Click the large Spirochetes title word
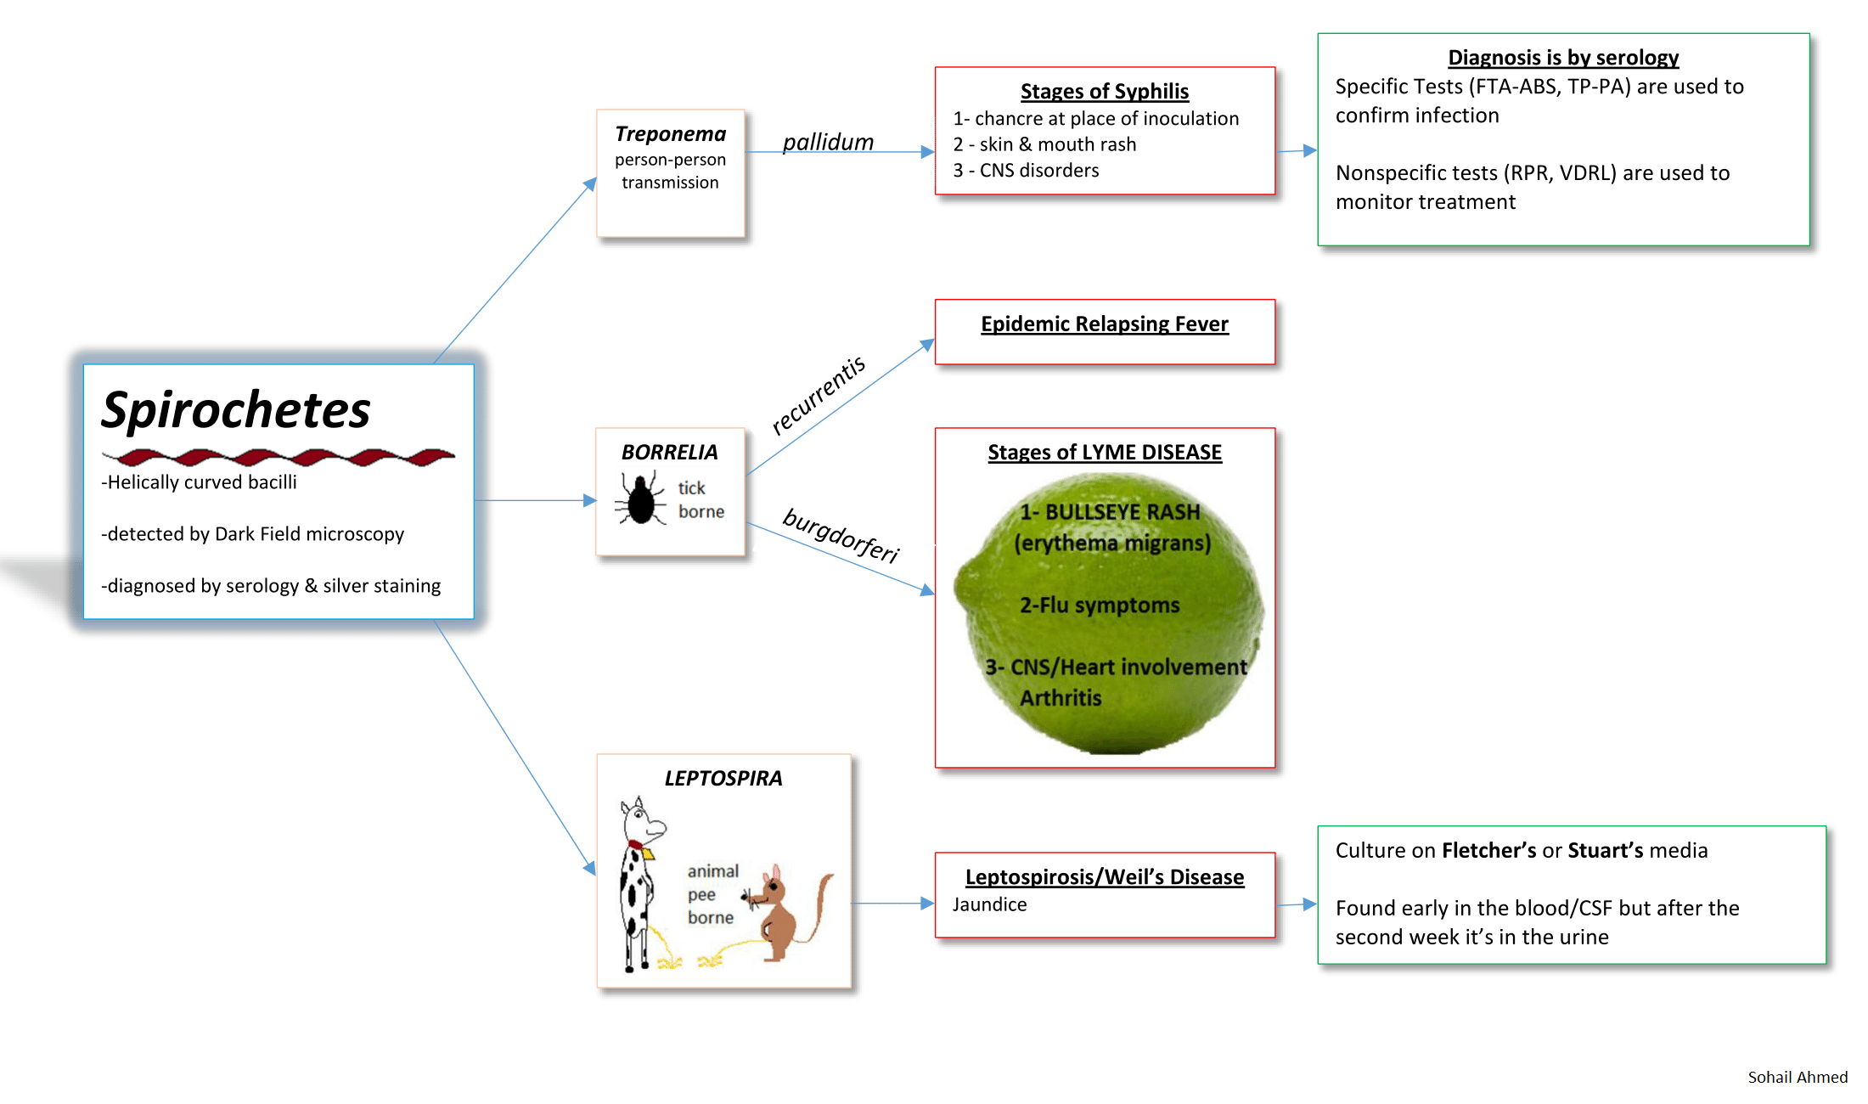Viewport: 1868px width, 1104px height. pyautogui.click(x=236, y=410)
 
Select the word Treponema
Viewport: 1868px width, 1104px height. pyautogui.click(x=671, y=134)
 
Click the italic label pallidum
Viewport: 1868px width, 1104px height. pyautogui.click(x=828, y=142)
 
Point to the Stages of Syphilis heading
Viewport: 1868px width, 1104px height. pyautogui.click(x=1104, y=91)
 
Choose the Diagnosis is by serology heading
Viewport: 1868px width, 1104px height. pyautogui.click(x=1562, y=58)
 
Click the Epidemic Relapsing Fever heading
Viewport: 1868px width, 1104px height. pyautogui.click(x=1104, y=324)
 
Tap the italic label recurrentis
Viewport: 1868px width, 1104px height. pyautogui.click(x=818, y=395)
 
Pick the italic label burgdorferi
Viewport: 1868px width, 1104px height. pyautogui.click(x=841, y=535)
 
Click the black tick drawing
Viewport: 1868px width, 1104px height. pyautogui.click(x=641, y=500)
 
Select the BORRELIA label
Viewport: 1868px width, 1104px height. pyautogui.click(x=669, y=452)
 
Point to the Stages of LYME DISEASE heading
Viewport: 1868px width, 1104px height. pyautogui.click(x=1104, y=452)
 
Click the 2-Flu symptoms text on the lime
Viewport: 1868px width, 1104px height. pyautogui.click(x=1100, y=605)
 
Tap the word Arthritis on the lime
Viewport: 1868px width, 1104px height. pyautogui.click(x=1061, y=697)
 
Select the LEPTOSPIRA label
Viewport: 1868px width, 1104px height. pyautogui.click(x=723, y=778)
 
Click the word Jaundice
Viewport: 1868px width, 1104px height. pyautogui.click(x=989, y=904)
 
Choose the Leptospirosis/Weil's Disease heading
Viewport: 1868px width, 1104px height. pyautogui.click(x=1104, y=876)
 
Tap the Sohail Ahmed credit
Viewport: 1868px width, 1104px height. pyautogui.click(x=1797, y=1077)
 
